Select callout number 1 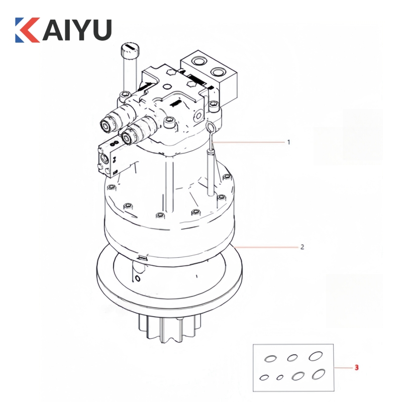[x=288, y=142]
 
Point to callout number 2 [x=301, y=247]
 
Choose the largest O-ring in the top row [x=315, y=356]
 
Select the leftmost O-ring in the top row [x=270, y=358]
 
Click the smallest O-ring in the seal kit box [x=280, y=377]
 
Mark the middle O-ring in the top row [x=292, y=358]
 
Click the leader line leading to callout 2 [x=266, y=247]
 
